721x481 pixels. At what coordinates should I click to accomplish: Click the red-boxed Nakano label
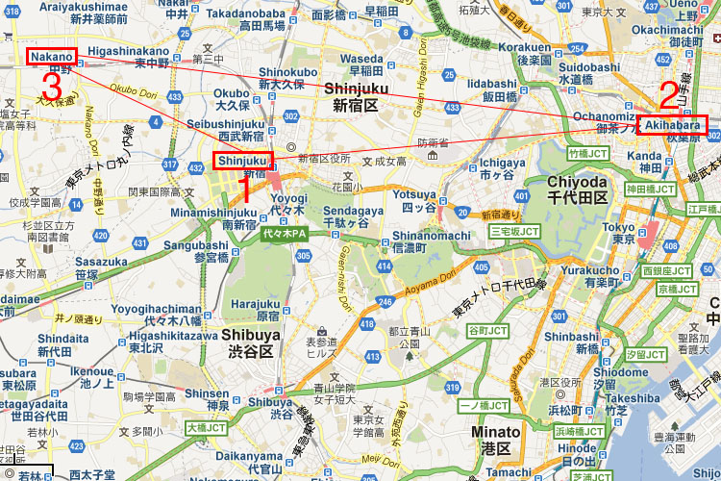click(x=51, y=58)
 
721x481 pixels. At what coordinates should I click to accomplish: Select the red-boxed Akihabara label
click(x=670, y=125)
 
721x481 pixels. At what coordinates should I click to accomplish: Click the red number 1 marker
click(x=244, y=188)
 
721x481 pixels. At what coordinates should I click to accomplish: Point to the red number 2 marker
click(x=668, y=96)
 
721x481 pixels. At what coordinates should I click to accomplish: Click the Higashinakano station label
click(x=128, y=50)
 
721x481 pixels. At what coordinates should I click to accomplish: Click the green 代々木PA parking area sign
click(x=284, y=234)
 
